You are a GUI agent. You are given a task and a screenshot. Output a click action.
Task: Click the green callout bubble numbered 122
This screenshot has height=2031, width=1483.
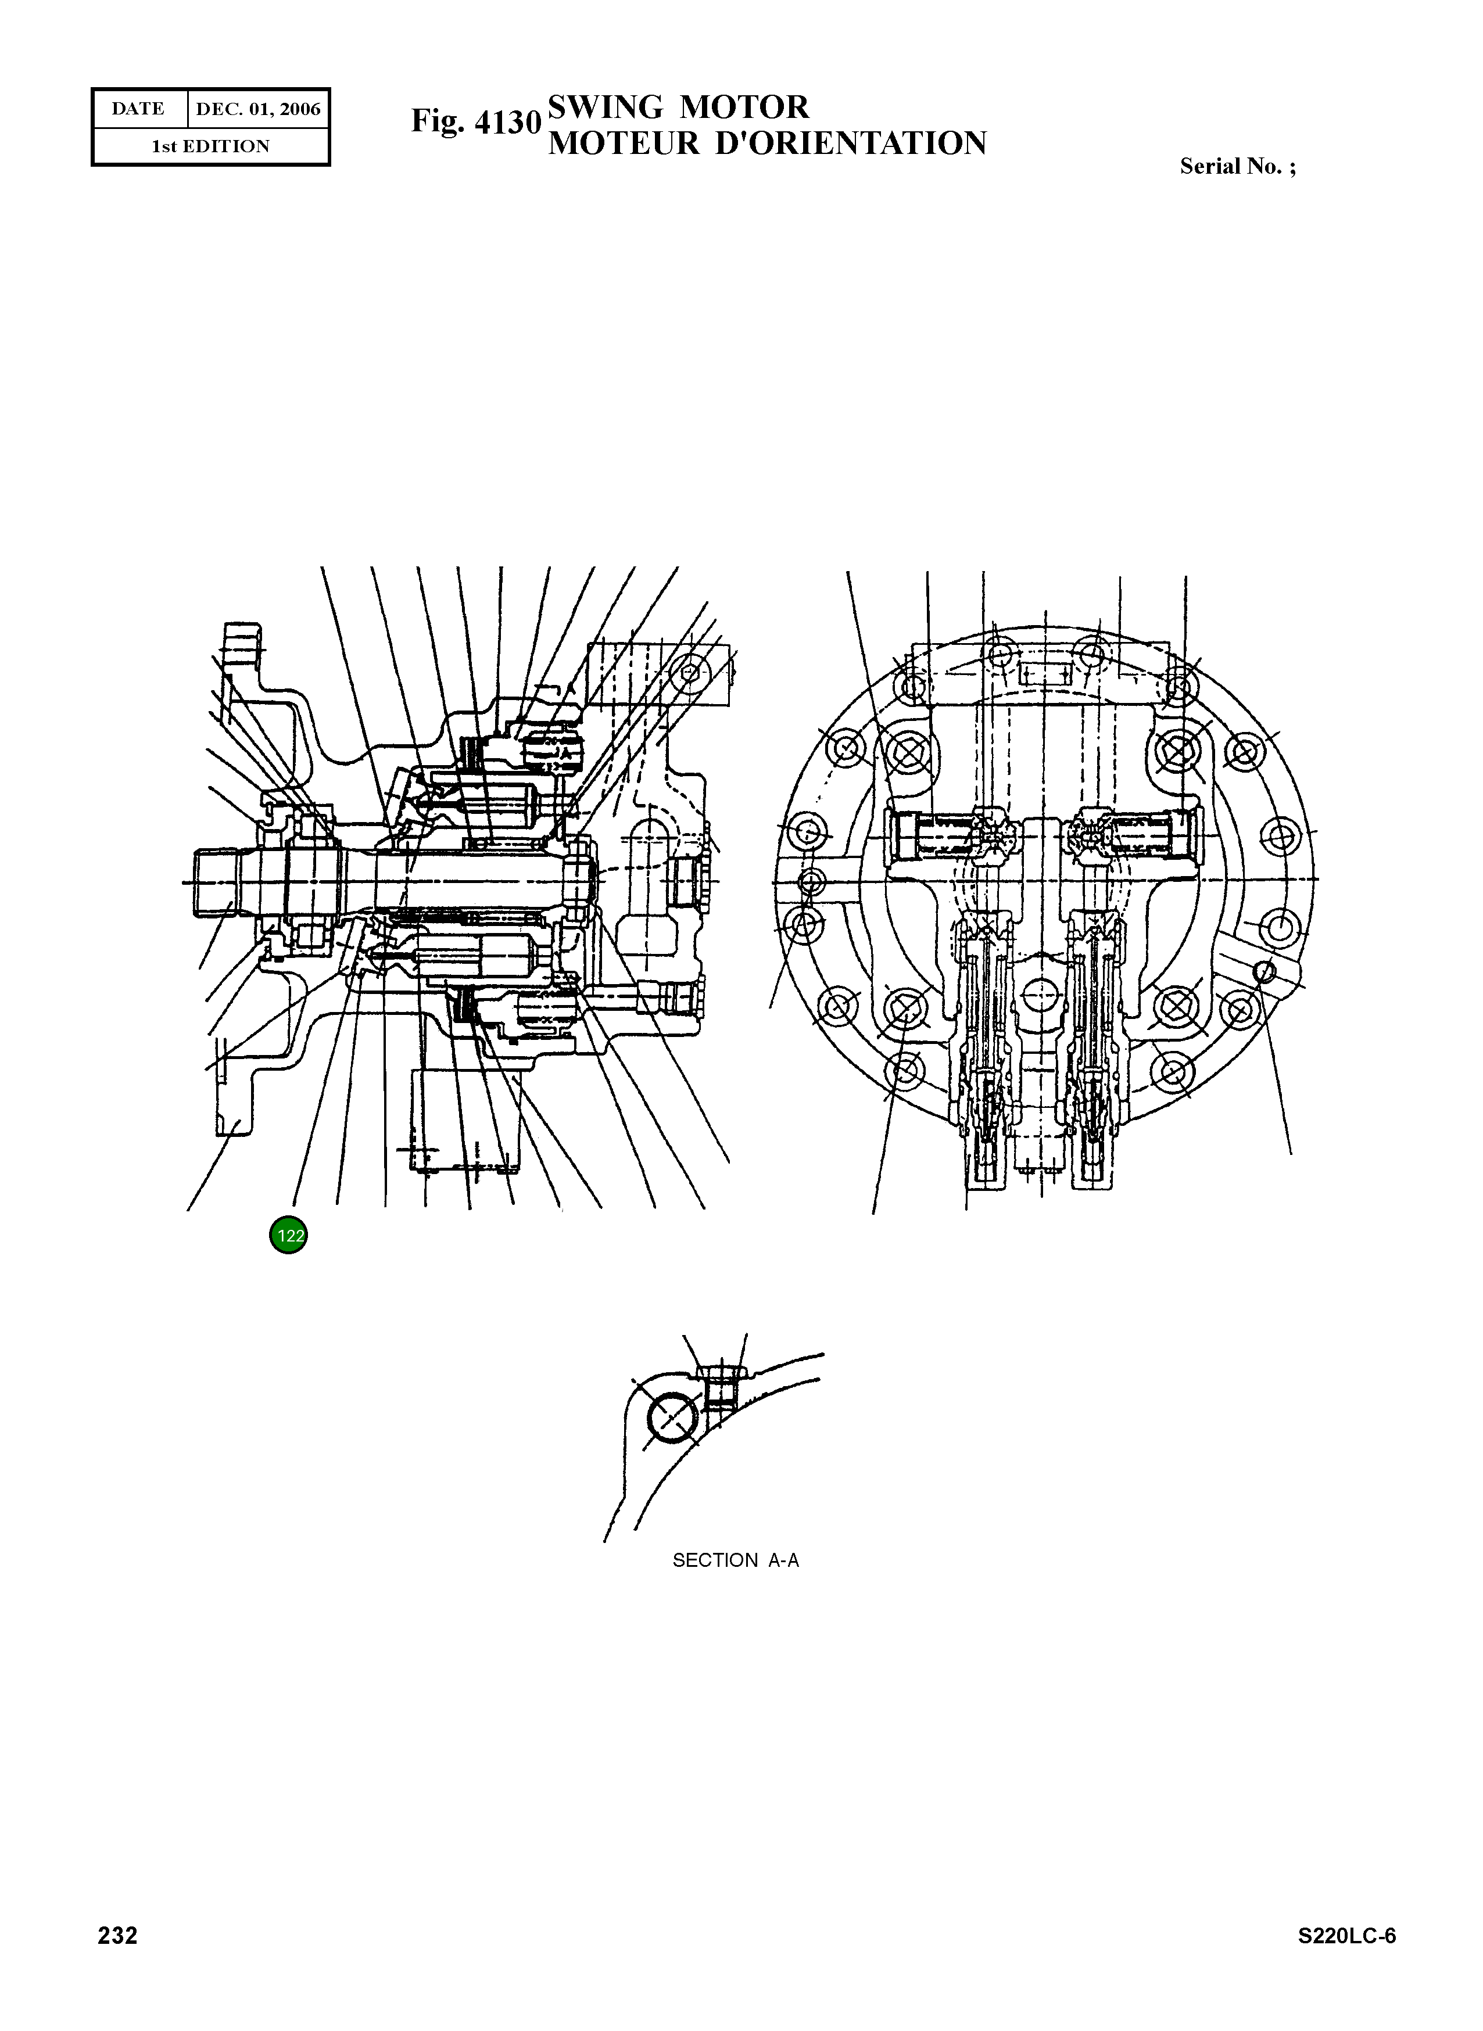point(288,1235)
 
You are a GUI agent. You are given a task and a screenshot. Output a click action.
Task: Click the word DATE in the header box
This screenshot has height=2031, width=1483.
point(138,109)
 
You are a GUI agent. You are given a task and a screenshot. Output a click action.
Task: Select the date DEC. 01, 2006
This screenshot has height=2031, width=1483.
point(257,109)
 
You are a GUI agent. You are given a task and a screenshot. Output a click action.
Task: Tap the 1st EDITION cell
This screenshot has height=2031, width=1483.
point(210,146)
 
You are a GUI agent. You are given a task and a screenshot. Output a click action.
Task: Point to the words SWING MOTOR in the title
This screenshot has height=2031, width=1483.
point(678,107)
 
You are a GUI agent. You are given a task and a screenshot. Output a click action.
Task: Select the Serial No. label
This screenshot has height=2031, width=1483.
point(1237,166)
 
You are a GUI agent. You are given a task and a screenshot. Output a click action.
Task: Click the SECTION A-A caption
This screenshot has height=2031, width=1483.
point(735,1560)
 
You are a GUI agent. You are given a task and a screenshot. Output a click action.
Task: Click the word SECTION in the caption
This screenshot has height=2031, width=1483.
point(715,1560)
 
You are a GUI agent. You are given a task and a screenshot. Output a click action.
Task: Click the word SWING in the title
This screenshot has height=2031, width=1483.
point(606,107)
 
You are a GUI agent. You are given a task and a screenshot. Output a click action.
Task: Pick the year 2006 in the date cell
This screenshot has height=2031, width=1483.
point(300,109)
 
